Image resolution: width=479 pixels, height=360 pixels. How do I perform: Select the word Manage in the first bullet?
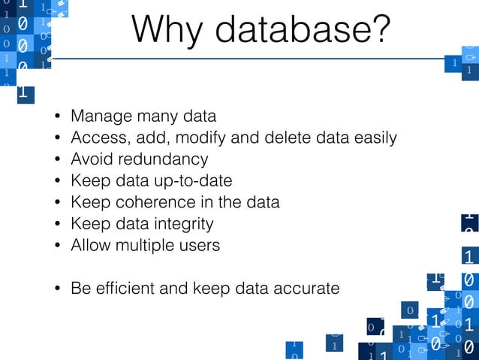point(98,116)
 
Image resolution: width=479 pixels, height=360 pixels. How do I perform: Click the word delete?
point(288,138)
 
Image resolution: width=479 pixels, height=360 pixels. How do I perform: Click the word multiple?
point(146,245)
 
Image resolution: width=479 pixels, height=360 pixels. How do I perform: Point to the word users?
point(200,245)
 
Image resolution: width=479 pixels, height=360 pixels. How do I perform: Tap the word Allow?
point(89,245)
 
